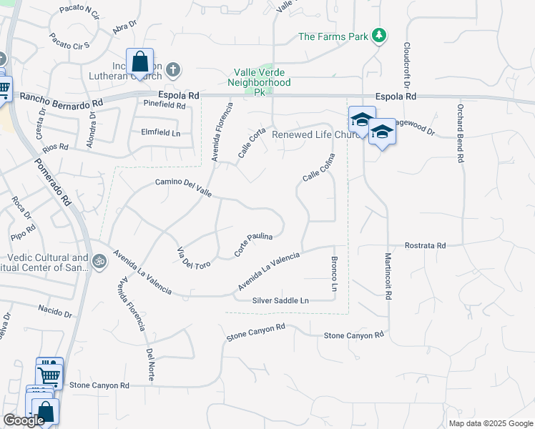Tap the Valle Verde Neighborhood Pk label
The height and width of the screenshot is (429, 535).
[x=260, y=77]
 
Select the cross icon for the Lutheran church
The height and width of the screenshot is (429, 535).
[x=173, y=70]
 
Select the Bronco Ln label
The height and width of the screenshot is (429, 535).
[x=333, y=273]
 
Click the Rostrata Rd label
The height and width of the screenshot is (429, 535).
[x=425, y=245]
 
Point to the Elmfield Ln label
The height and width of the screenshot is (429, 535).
[x=160, y=133]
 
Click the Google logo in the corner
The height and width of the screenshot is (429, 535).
[x=24, y=420]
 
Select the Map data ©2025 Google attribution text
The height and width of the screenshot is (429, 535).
[x=490, y=423]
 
